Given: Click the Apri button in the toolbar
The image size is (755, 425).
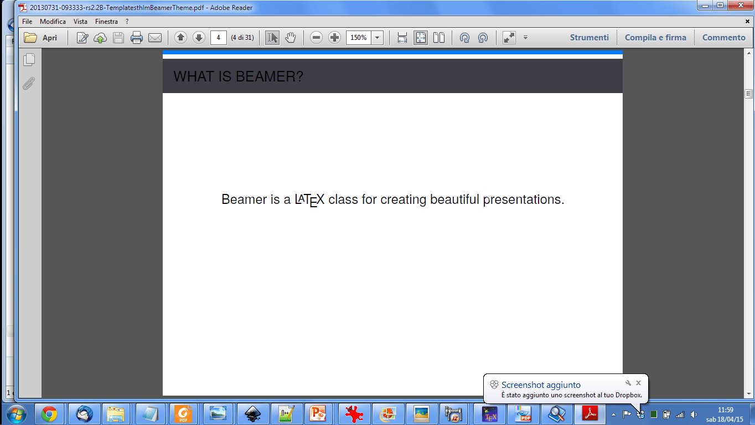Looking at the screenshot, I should pos(42,38).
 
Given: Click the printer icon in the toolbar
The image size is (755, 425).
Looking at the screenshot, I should pos(137,38).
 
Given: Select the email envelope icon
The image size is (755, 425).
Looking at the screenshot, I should pos(155,38).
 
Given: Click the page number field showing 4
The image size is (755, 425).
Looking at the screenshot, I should pos(219,38).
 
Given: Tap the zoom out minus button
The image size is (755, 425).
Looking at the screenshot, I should pos(316,38).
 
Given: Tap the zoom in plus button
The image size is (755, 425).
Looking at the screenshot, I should pos(334,38).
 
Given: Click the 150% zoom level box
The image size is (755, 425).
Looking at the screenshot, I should pos(358,38).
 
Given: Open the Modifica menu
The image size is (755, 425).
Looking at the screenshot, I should pos(53,22).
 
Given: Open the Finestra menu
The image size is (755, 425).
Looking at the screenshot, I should pos(106,22).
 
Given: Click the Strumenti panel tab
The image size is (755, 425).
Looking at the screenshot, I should pos(589,38).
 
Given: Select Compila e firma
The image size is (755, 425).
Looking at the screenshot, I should pos(655,38).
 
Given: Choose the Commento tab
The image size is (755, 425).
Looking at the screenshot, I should pos(723,38).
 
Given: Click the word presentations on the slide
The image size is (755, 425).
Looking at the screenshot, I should pos(523,199).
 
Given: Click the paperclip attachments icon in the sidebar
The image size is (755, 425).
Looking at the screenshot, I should pos(29,84).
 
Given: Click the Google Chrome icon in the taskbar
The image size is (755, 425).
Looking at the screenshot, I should pos(49,413).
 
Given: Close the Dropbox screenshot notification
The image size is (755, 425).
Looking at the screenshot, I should pos(638,383).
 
